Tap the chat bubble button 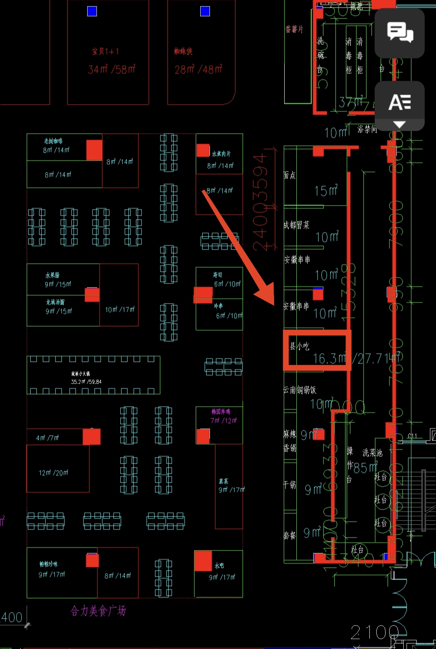(400, 32)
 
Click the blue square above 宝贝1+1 (92, 11)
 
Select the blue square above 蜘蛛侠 (205, 11)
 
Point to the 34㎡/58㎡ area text (111, 69)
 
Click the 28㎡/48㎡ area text (198, 69)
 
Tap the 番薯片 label (294, 29)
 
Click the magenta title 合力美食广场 (99, 611)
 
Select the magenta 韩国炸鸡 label (221, 412)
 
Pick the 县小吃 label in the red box (300, 346)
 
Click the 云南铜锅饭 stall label (300, 390)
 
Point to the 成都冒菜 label (296, 225)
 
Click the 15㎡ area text (326, 191)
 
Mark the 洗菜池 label (372, 453)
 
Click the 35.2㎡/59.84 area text (86, 382)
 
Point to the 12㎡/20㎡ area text (53, 473)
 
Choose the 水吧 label (219, 566)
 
